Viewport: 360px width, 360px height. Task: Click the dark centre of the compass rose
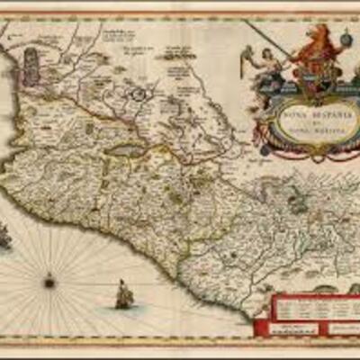click(49, 282)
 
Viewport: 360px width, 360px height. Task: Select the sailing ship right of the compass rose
click(124, 293)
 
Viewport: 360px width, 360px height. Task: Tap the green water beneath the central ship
click(125, 308)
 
